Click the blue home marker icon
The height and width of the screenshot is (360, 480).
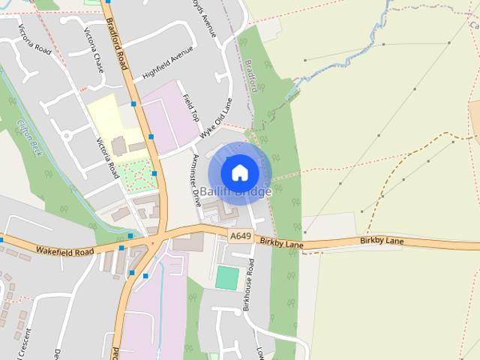click(x=239, y=172)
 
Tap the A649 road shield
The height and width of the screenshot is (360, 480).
click(x=239, y=235)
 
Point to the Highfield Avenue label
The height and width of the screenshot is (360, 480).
click(x=167, y=66)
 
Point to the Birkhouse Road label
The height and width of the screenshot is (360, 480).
click(x=247, y=283)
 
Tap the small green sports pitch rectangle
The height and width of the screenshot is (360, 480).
click(x=226, y=277)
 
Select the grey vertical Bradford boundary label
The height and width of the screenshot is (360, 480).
click(x=253, y=75)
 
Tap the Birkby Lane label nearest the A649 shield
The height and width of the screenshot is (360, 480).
click(x=281, y=243)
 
